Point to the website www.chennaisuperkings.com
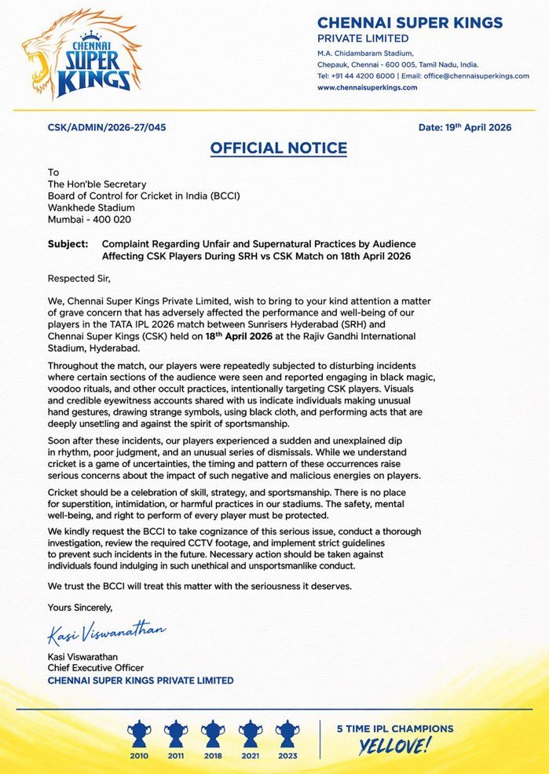[x=367, y=88]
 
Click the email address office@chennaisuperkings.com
[x=473, y=76]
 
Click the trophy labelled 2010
[x=140, y=735]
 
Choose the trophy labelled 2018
[x=214, y=735]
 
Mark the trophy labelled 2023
[x=287, y=735]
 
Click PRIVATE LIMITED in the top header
[x=363, y=38]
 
